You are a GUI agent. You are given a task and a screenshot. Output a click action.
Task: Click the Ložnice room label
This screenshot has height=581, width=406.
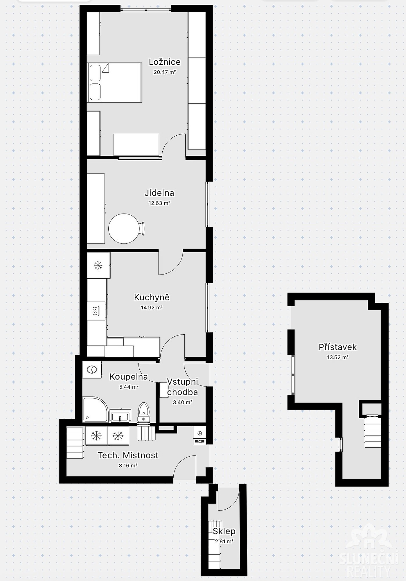tap(165, 62)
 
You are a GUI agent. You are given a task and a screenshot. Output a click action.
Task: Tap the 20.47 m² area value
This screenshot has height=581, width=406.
tap(165, 72)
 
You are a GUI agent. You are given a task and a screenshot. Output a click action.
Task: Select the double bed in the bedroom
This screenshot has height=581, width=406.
tap(115, 83)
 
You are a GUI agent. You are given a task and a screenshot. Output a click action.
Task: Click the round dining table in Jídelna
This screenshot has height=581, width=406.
tap(124, 229)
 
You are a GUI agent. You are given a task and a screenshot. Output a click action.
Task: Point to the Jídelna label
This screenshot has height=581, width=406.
tap(159, 193)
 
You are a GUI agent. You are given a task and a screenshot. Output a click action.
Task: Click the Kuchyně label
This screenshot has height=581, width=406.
tap(152, 297)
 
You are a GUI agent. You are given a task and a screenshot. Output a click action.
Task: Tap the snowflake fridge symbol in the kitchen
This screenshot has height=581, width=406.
tap(98, 265)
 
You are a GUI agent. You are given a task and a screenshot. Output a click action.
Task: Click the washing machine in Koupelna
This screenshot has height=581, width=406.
tap(92, 370)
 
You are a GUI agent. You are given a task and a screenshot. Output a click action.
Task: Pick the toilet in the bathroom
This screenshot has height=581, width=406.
tap(143, 412)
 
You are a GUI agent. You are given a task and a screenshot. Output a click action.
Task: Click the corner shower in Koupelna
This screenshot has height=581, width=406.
tap(95, 410)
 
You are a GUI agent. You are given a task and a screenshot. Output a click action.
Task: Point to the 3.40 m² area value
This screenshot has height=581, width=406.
tap(182, 402)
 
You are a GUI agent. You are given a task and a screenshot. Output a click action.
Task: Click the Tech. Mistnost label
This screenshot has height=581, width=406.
tap(128, 455)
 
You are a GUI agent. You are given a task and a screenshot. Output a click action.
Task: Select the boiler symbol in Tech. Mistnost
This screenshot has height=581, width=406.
tap(200, 435)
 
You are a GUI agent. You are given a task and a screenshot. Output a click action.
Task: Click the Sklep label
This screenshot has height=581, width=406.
tap(224, 531)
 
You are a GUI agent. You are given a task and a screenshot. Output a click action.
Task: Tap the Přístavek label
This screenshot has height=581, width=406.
tap(337, 347)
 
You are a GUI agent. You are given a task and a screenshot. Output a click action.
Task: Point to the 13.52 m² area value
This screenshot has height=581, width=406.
tap(337, 357)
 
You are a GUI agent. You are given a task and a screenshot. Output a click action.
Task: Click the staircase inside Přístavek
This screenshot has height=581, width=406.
tap(373, 431)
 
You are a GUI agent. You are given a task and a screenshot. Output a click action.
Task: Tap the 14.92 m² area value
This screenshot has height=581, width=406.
tap(152, 308)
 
